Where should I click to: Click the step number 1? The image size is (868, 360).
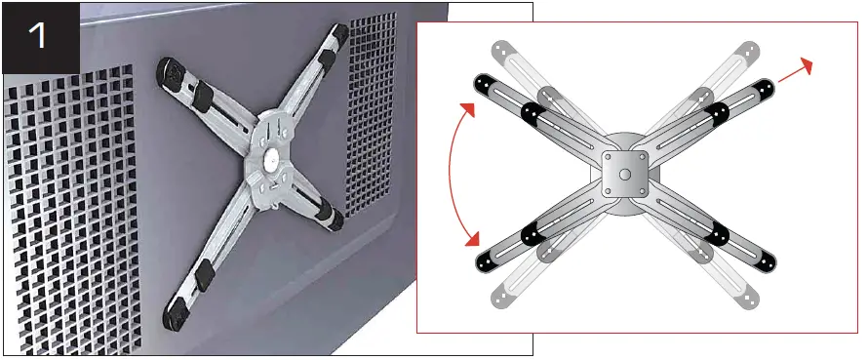coord(39,36)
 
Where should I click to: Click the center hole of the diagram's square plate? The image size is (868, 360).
coord(624,175)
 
